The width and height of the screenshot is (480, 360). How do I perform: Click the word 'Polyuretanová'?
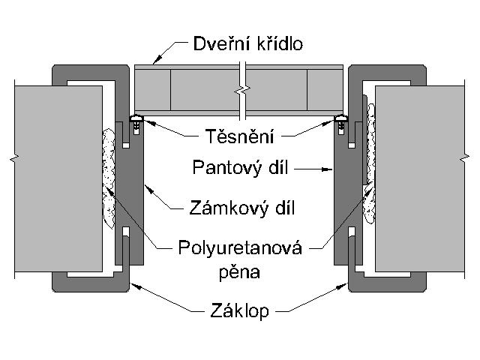[x=240, y=247]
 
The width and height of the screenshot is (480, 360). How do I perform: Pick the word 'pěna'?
[x=240, y=273]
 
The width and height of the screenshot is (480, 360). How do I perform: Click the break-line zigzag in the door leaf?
[x=241, y=91]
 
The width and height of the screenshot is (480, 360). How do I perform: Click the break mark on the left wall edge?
[x=13, y=160]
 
